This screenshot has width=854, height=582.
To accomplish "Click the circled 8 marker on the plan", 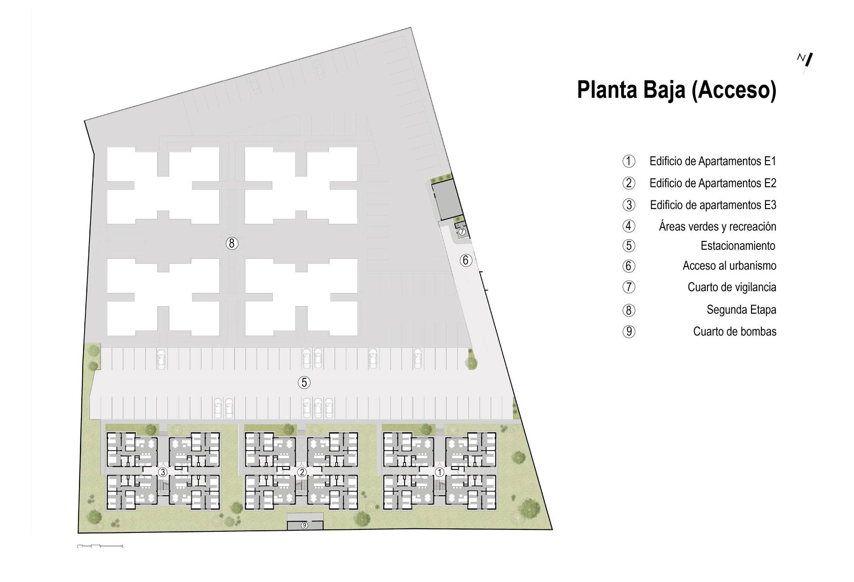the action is tap(231, 244).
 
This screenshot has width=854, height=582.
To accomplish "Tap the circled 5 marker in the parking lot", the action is tap(304, 382).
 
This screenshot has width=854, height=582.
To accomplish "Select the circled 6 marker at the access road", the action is tap(466, 260).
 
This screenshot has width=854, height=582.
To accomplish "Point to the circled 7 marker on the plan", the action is tap(462, 231).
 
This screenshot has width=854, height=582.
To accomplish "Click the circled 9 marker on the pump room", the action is tap(304, 525).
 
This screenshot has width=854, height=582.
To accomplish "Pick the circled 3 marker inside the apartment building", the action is tap(163, 472).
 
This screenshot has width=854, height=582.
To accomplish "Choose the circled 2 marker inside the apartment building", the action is tap(302, 472).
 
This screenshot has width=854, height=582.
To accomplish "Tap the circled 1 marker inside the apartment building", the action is tap(440, 472).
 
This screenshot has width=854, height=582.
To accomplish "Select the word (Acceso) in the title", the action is tap(732, 91).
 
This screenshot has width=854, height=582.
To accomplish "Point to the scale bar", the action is tap(100, 546).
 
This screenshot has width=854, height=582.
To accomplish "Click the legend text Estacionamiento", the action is tap(738, 246).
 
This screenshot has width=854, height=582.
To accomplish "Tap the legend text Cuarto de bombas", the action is tap(735, 332).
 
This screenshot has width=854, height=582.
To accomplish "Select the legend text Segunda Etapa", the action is tap(742, 310).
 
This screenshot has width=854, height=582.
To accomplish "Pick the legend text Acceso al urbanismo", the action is tap(729, 266).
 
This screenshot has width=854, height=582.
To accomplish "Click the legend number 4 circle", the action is tap(629, 226).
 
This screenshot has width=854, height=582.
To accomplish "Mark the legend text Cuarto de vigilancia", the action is tap(732, 287).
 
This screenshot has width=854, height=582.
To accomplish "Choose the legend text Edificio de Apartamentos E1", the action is tap(713, 161).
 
